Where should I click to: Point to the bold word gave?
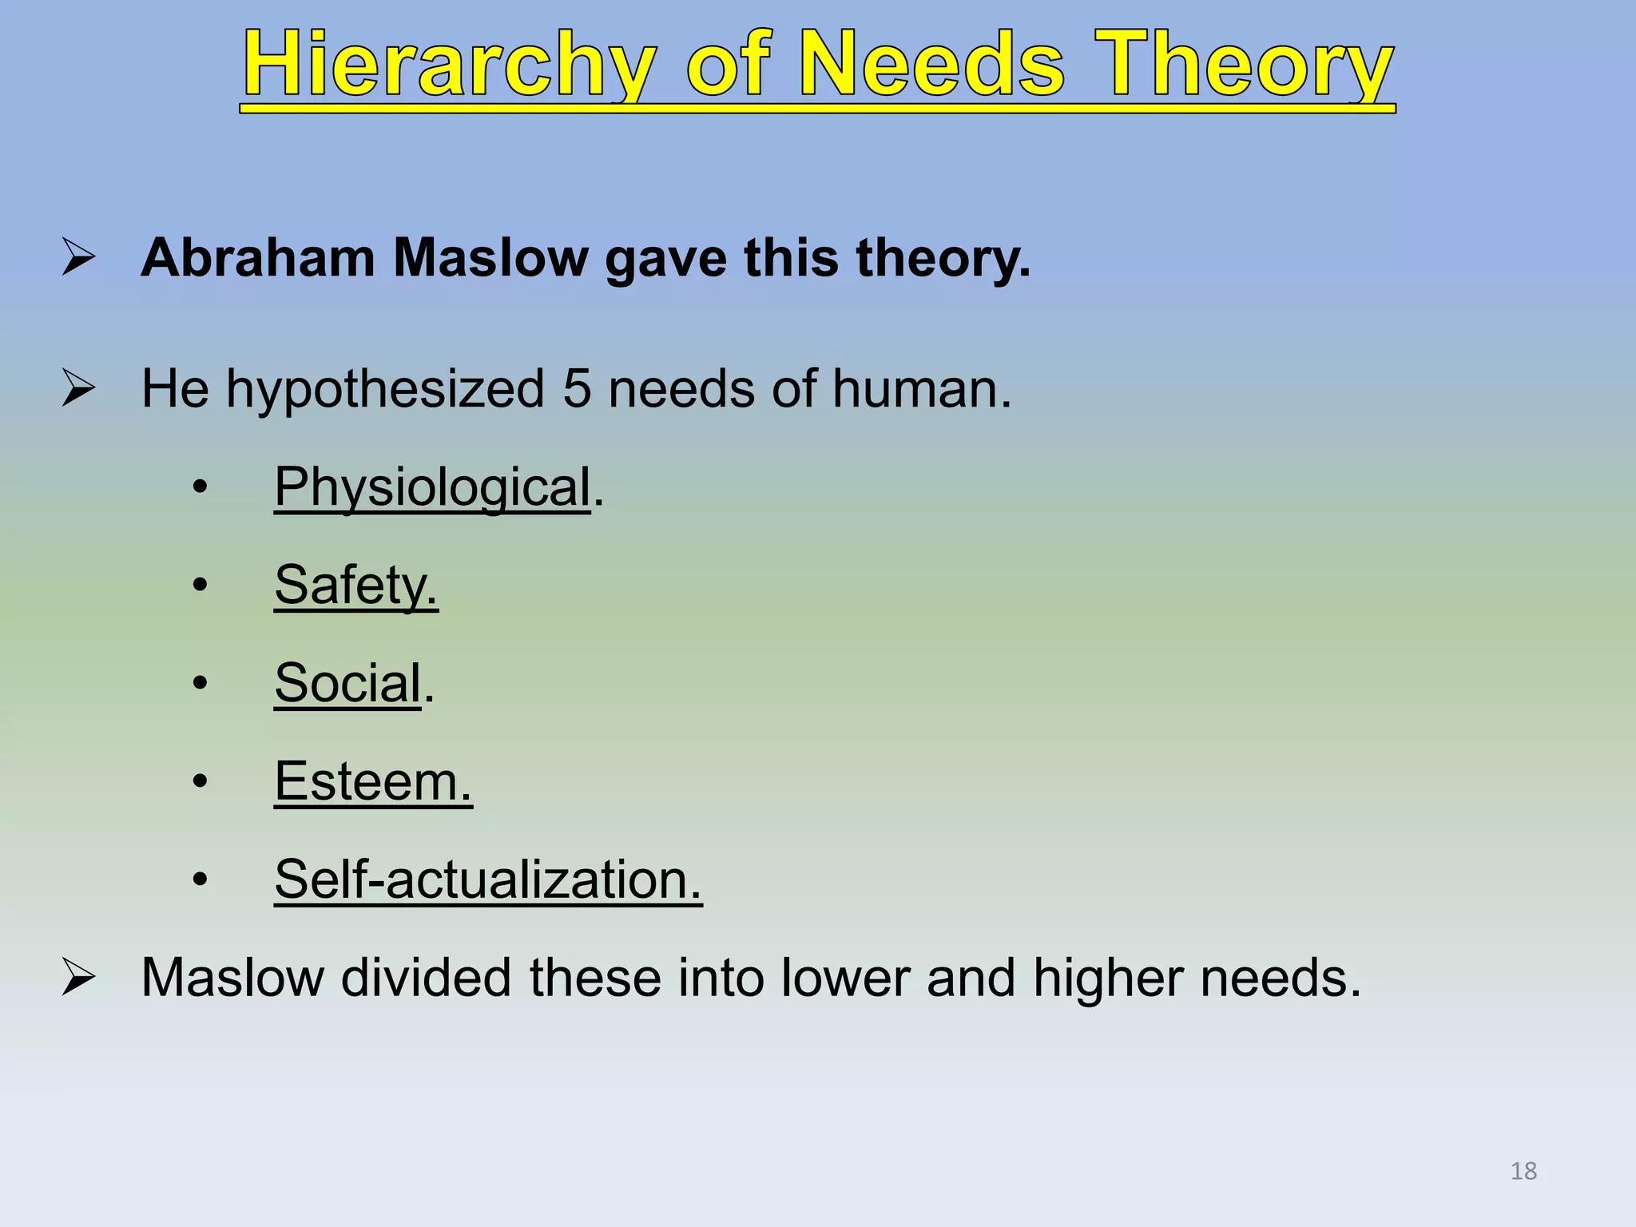click(x=665, y=260)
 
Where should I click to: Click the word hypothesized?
click(x=385, y=389)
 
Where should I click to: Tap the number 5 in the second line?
click(x=577, y=389)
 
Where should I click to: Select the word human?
click(x=921, y=389)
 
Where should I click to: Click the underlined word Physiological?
click(x=432, y=486)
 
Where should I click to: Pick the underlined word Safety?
click(x=355, y=585)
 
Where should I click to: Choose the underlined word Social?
click(x=347, y=683)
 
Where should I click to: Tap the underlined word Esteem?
click(x=372, y=781)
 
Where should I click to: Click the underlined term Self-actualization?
click(x=487, y=880)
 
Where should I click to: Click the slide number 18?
click(x=1523, y=1171)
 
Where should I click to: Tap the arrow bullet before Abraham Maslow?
click(x=79, y=258)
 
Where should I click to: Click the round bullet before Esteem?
click(x=200, y=781)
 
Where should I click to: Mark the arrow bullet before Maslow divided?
click(x=79, y=977)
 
